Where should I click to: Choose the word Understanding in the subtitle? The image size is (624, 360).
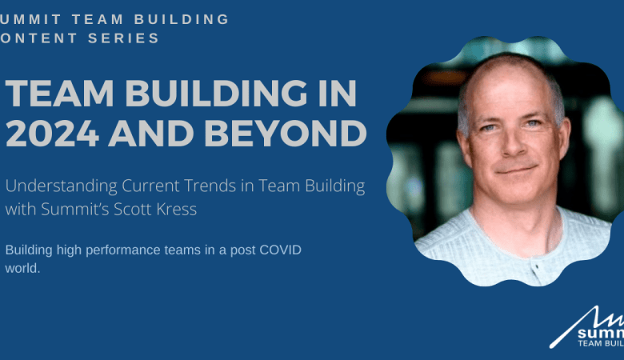60,186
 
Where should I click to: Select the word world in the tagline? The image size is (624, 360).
22,268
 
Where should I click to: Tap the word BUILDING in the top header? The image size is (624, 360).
176,18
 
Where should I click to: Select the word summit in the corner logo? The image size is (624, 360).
600,329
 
